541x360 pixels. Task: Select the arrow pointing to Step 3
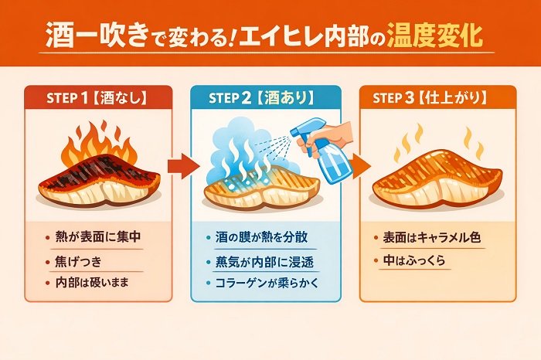click(357, 165)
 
